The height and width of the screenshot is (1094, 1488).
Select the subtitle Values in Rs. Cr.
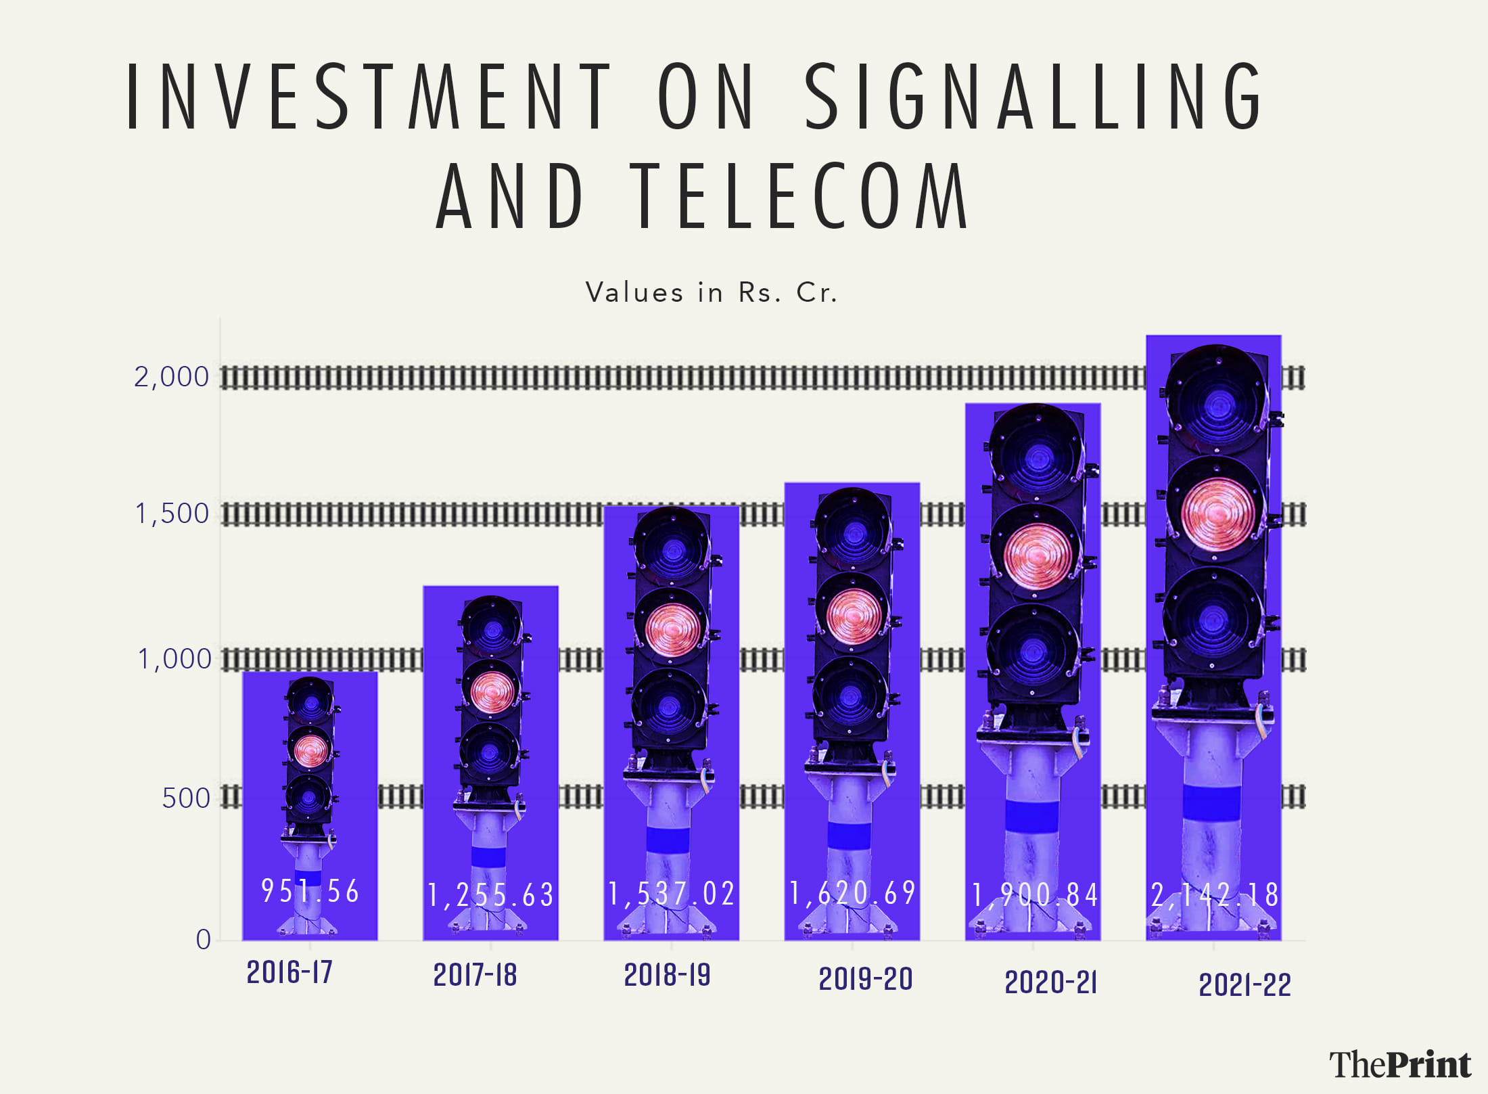tap(712, 292)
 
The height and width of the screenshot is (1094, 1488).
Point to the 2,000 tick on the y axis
tap(172, 377)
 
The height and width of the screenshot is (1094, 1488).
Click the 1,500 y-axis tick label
tap(172, 514)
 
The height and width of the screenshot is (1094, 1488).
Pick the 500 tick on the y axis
tap(186, 798)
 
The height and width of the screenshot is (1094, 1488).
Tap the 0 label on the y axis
tap(203, 939)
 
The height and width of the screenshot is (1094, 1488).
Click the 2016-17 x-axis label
tap(289, 972)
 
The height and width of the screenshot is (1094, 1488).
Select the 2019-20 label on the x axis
tap(866, 979)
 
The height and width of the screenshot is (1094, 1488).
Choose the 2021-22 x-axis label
tap(1245, 985)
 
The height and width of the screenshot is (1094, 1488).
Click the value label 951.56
tap(310, 891)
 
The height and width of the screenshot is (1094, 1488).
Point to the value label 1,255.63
tap(491, 895)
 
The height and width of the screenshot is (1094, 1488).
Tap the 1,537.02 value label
tap(672, 894)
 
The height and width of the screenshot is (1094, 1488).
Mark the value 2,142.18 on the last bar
tap(1215, 895)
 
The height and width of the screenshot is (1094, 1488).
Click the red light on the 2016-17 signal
tap(310, 750)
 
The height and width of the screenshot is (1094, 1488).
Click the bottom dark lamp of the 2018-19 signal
tap(668, 707)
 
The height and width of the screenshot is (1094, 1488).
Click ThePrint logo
tap(1400, 1064)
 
